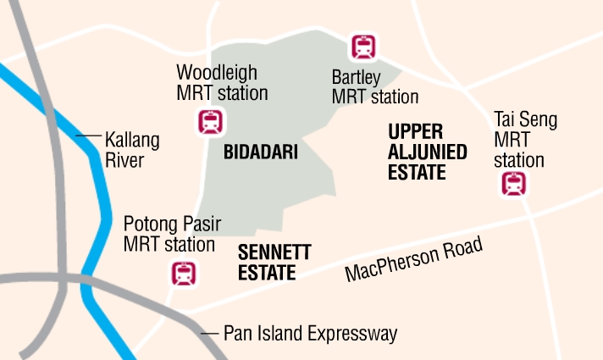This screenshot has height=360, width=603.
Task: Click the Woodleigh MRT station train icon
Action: [x=211, y=122]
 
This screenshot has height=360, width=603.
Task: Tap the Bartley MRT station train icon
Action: [x=364, y=46]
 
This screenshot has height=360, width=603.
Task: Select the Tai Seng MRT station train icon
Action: [x=514, y=183]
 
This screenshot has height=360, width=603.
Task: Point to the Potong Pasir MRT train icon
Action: [x=184, y=273]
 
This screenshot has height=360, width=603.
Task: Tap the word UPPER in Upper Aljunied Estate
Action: [x=416, y=132]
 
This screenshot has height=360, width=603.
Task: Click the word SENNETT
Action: [x=274, y=252]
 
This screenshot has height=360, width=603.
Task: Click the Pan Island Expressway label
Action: [x=310, y=334]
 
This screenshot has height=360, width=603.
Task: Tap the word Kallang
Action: [x=131, y=140]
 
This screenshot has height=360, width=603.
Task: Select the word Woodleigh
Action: [x=216, y=74]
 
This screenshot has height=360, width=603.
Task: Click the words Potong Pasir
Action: [x=172, y=224]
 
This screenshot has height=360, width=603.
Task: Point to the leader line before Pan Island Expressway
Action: [x=208, y=334]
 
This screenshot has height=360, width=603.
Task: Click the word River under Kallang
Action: [x=124, y=160]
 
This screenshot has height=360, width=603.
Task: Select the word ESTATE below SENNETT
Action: [x=267, y=273]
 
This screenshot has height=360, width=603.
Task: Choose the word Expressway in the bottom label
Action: [x=356, y=334]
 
